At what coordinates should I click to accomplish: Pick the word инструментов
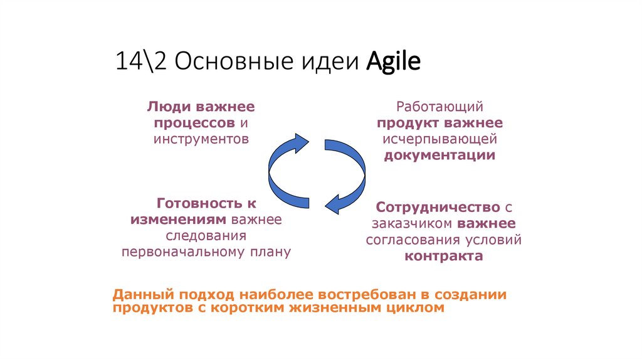click(201, 138)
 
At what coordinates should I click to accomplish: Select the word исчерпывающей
click(439, 139)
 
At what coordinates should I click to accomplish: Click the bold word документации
click(439, 155)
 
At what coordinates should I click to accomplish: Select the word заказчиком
click(411, 223)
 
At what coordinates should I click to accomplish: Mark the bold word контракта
click(443, 256)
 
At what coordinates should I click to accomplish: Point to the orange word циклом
click(413, 308)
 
